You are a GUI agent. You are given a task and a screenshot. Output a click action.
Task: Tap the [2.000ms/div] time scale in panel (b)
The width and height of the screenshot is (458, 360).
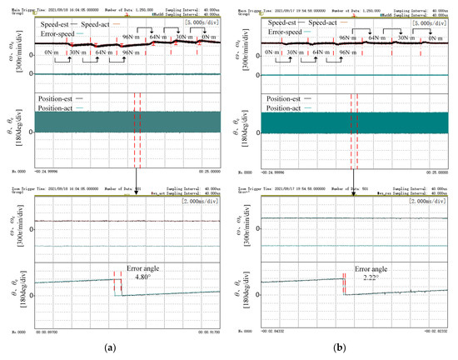pos(428,202)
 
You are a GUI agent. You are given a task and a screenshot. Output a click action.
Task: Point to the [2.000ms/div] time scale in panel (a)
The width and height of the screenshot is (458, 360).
pos(201,202)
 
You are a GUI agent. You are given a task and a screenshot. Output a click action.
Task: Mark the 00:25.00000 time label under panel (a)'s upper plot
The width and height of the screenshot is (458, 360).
pos(205,172)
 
